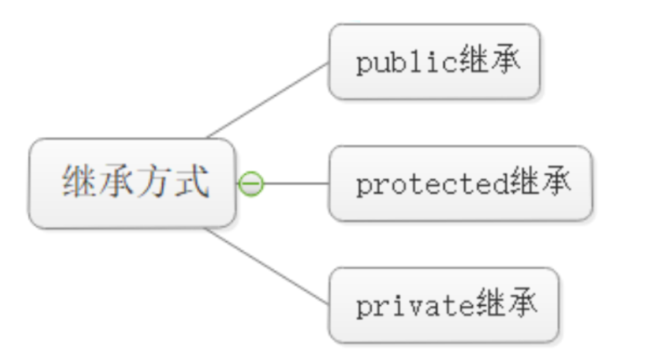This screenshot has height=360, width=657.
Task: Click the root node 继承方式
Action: [x=132, y=183]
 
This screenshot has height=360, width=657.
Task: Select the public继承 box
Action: [x=434, y=62]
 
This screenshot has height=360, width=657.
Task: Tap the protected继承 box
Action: [x=460, y=183]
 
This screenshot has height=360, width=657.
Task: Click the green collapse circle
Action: [x=251, y=184]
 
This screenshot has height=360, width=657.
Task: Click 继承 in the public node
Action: [x=490, y=62]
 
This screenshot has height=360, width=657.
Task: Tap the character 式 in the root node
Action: [x=189, y=183]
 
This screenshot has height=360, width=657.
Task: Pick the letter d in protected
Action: [x=500, y=184]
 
